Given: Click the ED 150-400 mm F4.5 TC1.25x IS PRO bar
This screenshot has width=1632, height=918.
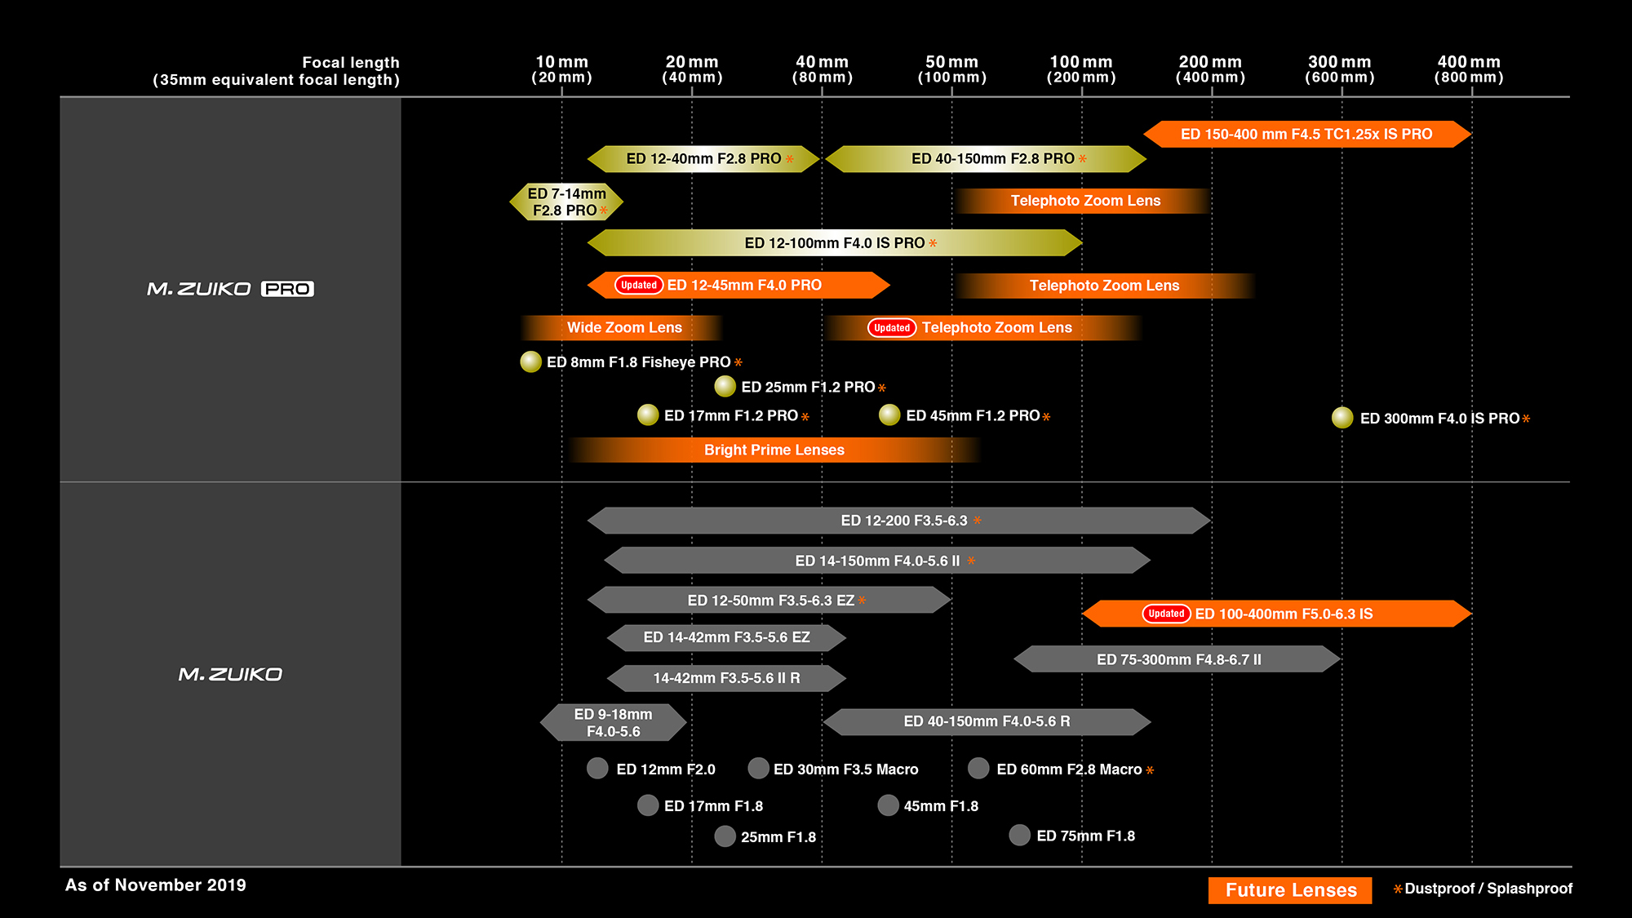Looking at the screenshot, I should (1306, 135).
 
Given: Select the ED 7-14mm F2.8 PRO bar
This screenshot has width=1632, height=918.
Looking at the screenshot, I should (566, 202).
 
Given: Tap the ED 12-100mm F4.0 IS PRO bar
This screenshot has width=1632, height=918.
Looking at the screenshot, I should (834, 243).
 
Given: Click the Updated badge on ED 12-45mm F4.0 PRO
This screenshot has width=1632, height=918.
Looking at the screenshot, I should (638, 286).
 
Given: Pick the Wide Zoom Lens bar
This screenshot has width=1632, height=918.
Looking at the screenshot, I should (623, 328).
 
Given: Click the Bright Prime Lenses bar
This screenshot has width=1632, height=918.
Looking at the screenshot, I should (774, 450).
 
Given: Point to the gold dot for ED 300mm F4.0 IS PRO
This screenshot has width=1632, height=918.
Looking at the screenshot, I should (1342, 418).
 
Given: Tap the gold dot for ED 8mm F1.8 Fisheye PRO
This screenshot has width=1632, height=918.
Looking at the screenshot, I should (531, 361).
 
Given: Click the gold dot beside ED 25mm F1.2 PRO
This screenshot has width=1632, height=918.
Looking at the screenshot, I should (725, 386).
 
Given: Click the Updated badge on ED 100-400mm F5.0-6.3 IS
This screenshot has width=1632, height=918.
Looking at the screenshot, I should (1166, 614).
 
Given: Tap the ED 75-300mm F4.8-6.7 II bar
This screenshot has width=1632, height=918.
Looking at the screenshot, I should (1177, 659).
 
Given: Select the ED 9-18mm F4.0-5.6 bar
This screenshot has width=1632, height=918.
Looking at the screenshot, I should (613, 723).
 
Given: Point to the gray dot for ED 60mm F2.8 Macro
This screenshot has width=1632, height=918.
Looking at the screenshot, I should (978, 769).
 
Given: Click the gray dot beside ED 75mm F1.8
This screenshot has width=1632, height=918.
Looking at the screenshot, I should (1019, 835).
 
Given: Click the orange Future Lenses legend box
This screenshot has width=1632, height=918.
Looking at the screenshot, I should (1290, 890).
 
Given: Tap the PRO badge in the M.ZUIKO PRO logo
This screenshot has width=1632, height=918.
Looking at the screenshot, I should (287, 289).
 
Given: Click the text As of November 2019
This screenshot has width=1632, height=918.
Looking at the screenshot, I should (156, 885).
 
